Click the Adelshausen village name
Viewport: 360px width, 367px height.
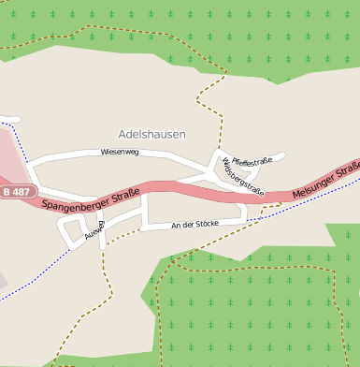[151, 135]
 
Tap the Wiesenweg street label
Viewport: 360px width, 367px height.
[120, 152]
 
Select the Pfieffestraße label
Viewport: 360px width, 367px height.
[252, 161]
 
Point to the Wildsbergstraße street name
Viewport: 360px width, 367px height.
[243, 176]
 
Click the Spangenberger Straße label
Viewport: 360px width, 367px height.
[91, 198]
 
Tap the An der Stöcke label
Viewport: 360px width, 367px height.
[194, 225]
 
